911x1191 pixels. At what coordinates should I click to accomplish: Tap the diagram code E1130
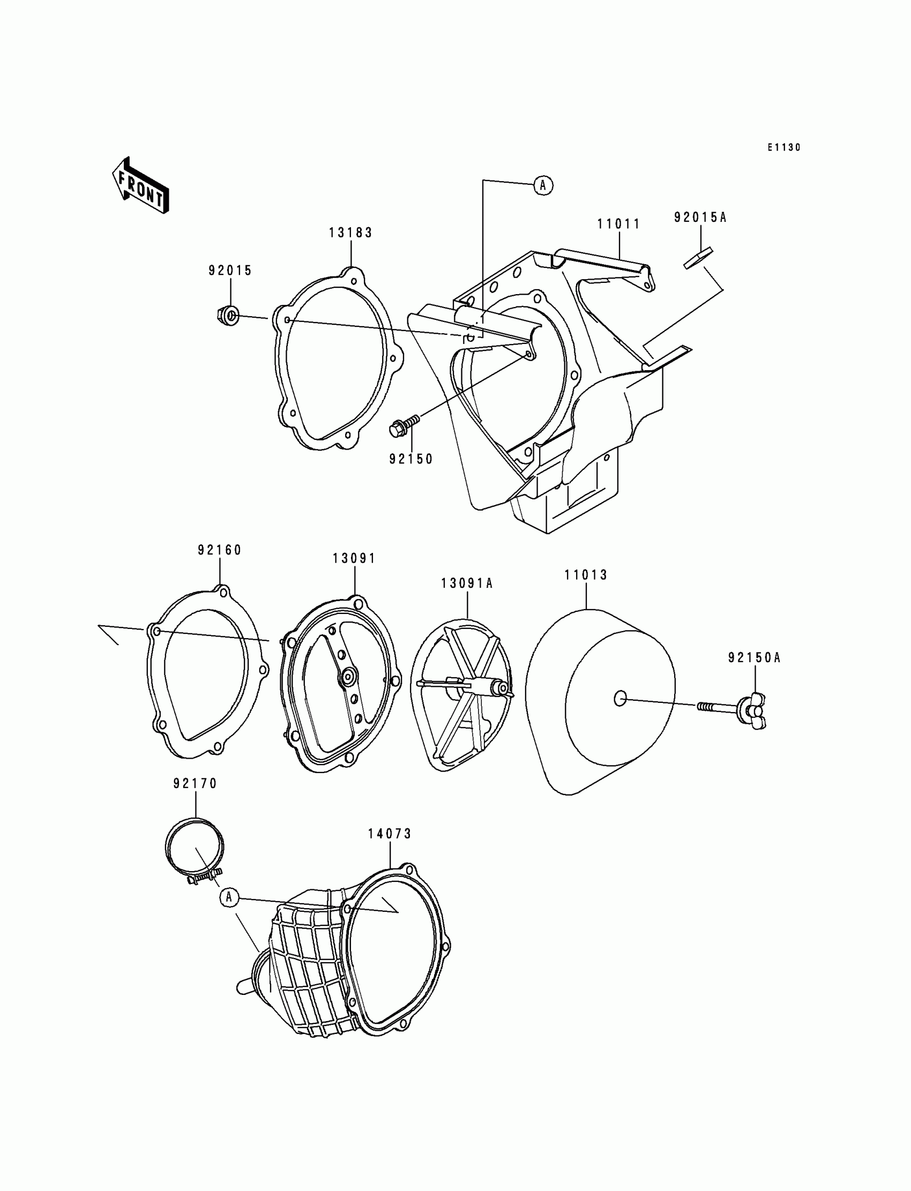click(x=783, y=147)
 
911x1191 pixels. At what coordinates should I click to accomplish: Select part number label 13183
click(x=350, y=233)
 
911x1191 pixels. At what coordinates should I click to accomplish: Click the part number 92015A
click(x=700, y=218)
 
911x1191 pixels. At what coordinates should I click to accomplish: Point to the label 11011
click(x=619, y=224)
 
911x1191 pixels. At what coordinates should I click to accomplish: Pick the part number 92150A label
click(x=755, y=657)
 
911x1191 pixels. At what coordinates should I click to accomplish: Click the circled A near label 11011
click(x=543, y=185)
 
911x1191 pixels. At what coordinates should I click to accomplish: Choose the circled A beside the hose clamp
click(x=229, y=897)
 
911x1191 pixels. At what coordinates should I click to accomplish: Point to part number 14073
click(x=390, y=834)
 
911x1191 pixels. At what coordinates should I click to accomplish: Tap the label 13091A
click(x=467, y=583)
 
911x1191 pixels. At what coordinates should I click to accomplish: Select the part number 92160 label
click(x=220, y=550)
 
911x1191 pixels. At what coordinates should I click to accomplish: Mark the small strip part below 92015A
click(x=697, y=258)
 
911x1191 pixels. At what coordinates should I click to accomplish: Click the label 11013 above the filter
click(x=586, y=575)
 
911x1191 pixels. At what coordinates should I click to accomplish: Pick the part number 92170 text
click(x=195, y=783)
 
